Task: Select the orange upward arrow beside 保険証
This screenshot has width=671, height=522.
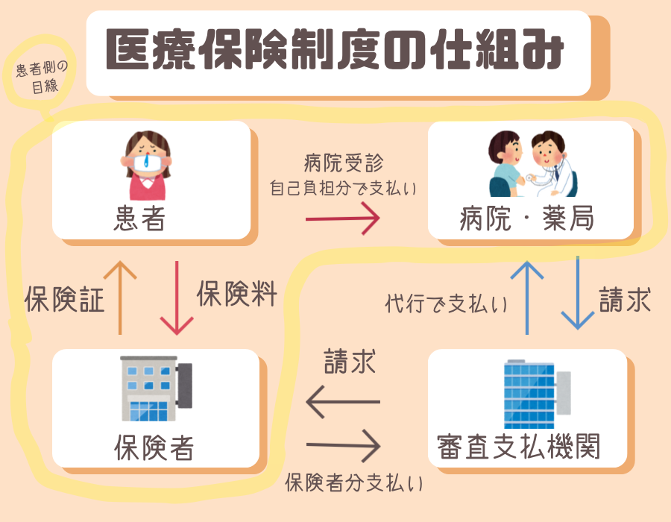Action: coord(120,298)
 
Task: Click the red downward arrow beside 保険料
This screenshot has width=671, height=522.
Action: coord(177,298)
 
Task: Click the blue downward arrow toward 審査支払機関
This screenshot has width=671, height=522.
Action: coord(578,294)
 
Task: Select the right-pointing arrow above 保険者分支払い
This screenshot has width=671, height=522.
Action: coord(343,447)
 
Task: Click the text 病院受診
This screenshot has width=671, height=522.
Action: coord(344,163)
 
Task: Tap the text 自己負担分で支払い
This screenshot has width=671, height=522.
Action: coord(343,188)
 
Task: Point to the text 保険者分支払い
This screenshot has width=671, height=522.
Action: coord(354,483)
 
